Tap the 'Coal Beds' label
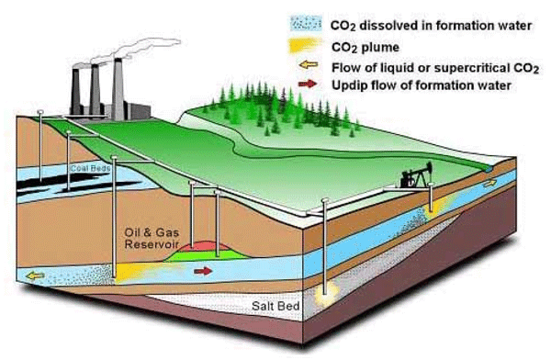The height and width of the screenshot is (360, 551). (x=89, y=168)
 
